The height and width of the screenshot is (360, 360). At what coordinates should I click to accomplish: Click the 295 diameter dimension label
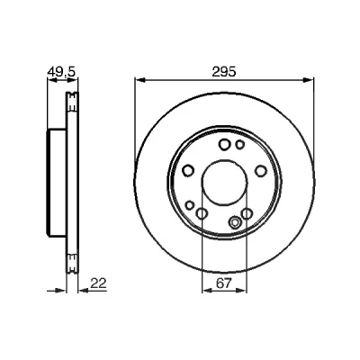(224, 72)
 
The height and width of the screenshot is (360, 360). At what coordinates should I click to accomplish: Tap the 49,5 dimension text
(62, 72)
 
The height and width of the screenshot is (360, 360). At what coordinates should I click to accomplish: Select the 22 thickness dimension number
(98, 283)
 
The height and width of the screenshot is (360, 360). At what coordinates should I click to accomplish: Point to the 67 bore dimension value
(224, 283)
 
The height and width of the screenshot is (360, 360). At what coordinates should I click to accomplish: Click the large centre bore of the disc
(224, 182)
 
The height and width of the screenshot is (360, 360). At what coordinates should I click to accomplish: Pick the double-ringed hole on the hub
(235, 222)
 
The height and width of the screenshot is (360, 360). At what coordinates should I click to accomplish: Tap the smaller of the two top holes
(239, 145)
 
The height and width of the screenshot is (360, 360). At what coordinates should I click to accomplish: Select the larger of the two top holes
(224, 145)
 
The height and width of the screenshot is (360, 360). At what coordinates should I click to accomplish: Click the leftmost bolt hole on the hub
(188, 171)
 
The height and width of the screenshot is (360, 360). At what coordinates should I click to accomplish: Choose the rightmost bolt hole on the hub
(261, 171)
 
